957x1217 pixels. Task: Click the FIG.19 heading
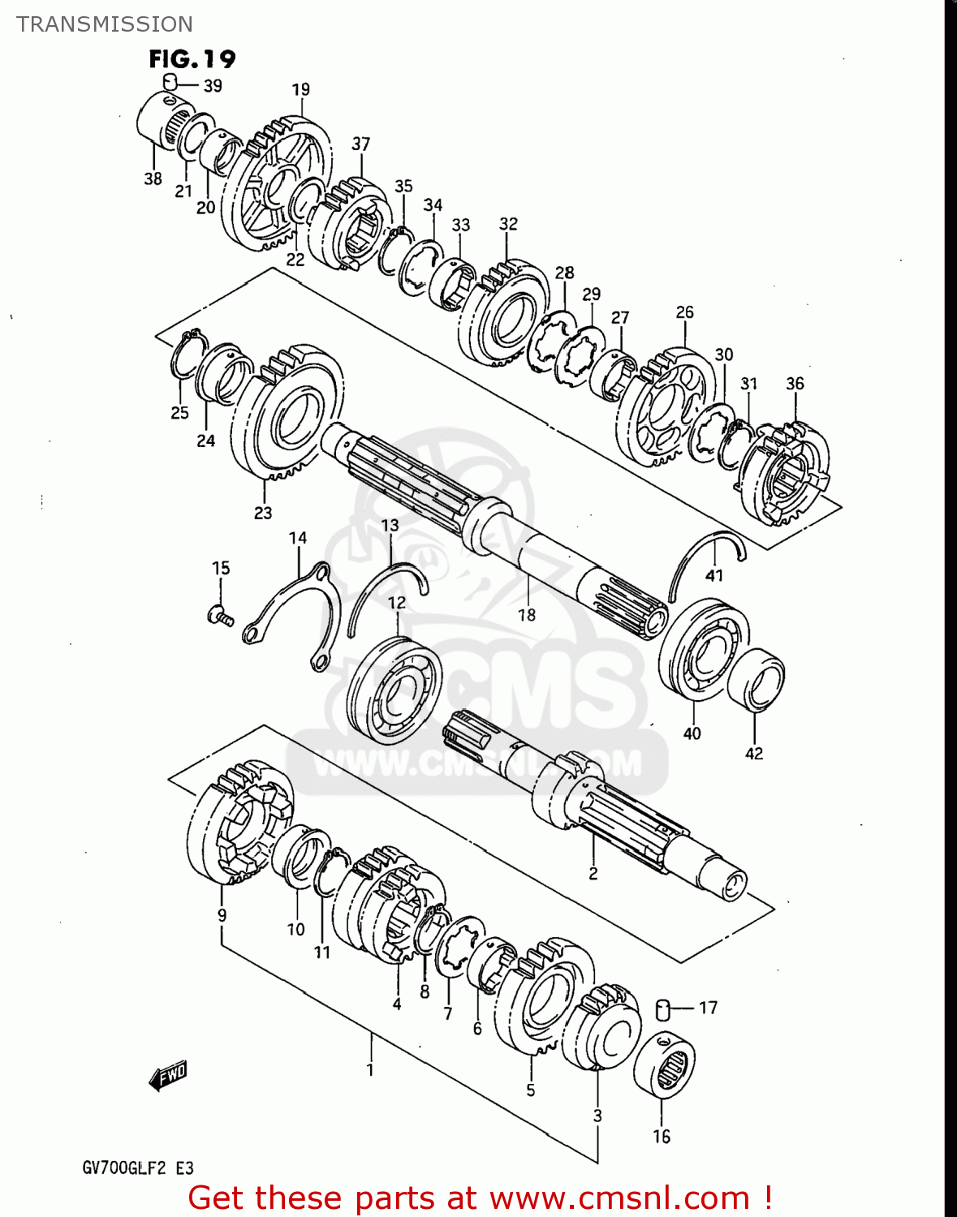(192, 59)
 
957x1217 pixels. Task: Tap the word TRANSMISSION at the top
(105, 24)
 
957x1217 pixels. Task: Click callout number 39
(213, 86)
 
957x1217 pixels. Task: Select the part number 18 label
(527, 615)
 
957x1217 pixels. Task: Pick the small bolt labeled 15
(218, 617)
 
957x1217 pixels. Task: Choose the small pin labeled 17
(662, 1008)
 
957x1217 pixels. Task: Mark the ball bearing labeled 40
(703, 650)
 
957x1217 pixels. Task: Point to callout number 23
(263, 513)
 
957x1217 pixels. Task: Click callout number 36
(795, 383)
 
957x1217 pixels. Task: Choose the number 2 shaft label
(593, 873)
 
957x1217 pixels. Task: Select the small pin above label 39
(170, 80)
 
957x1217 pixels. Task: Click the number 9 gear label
(222, 914)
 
